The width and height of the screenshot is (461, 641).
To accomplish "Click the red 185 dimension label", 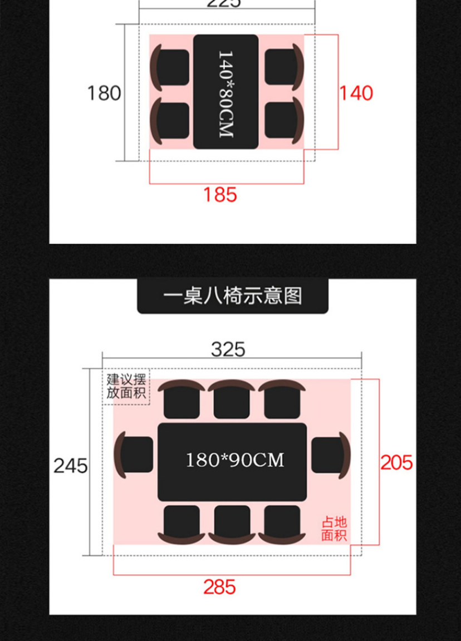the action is (x=220, y=195).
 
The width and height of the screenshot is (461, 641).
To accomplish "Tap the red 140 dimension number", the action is (x=356, y=93).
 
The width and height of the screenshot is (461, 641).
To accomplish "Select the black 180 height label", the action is (x=104, y=93).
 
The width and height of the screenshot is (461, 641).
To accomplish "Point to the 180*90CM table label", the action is (x=234, y=461).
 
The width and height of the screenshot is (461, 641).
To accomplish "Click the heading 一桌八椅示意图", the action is (x=233, y=295).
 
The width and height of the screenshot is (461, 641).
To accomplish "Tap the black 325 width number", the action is (x=228, y=349).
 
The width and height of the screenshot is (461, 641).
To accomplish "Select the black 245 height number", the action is (x=71, y=466).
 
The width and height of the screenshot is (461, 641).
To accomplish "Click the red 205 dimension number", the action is (x=396, y=462).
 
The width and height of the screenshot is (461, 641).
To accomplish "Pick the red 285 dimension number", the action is (x=219, y=587).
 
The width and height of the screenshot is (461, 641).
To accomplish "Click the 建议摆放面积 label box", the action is (x=126, y=387).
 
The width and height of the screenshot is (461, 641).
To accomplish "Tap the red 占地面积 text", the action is (x=334, y=529).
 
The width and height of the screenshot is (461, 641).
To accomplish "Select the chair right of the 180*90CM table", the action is (x=330, y=455).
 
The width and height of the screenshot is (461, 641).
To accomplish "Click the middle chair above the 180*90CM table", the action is (x=232, y=400).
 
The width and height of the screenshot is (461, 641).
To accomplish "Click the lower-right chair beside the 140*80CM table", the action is (x=283, y=120).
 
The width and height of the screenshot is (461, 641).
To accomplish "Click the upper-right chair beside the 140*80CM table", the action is (x=283, y=67).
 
